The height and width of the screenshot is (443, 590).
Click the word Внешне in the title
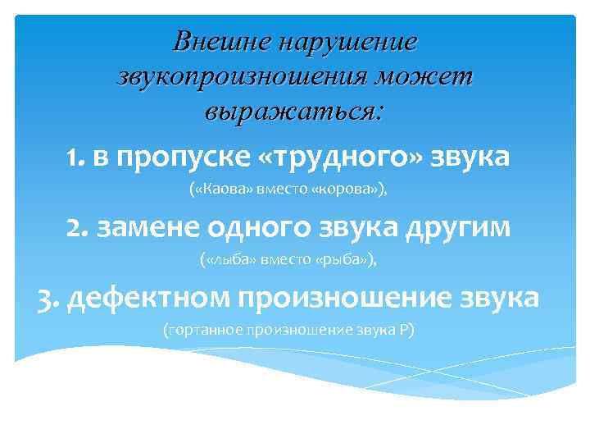tap(220, 40)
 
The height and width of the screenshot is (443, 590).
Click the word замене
tap(144, 226)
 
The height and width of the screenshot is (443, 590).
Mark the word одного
tap(246, 226)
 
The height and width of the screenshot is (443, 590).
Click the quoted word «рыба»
tap(347, 261)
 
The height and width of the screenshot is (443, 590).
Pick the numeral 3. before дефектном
tap(48, 296)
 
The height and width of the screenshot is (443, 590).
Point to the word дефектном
tap(148, 296)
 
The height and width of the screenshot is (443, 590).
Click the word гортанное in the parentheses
tap(202, 330)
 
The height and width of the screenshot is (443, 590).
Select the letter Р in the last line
tap(406, 330)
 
